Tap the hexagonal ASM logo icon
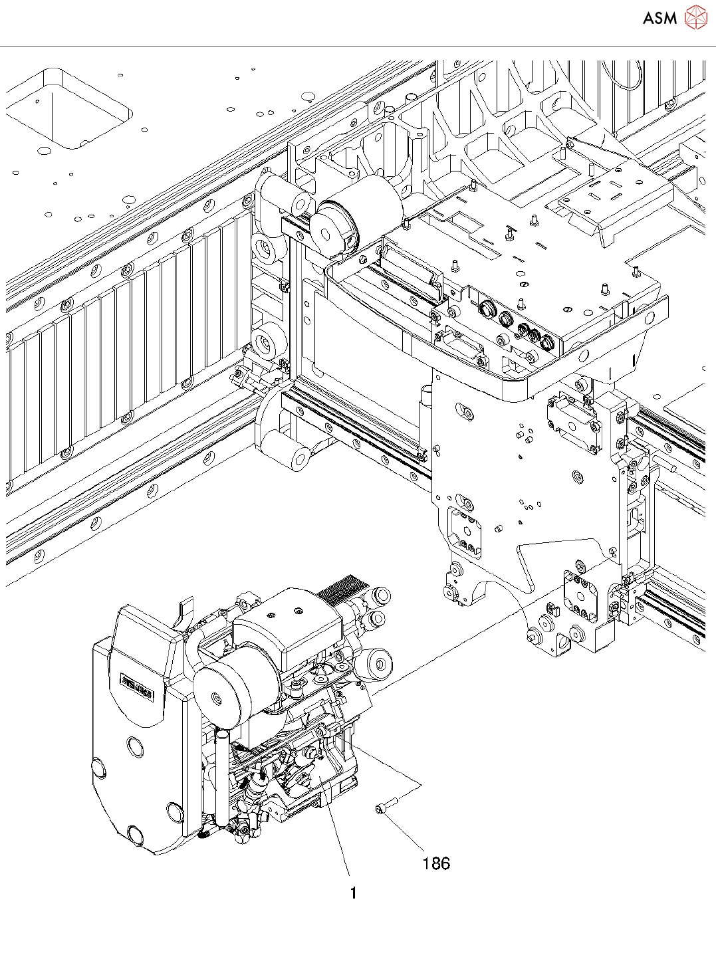(695, 17)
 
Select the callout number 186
(436, 863)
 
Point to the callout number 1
(354, 893)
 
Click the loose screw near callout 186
(386, 806)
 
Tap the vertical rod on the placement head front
(221, 778)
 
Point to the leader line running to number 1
(338, 837)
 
